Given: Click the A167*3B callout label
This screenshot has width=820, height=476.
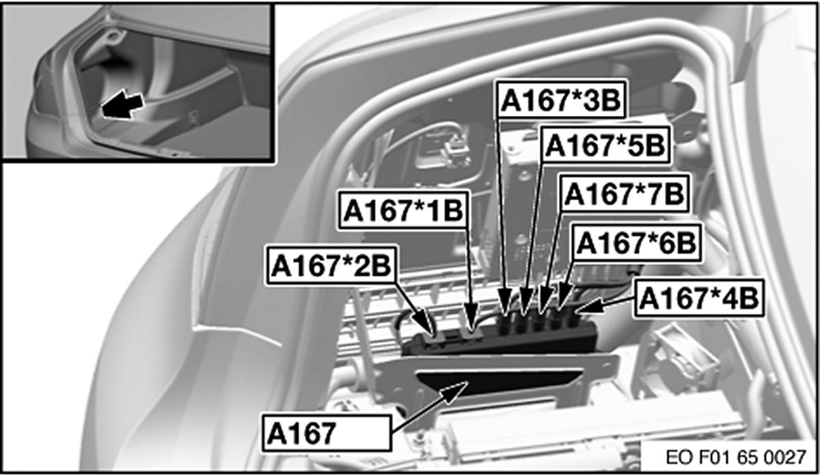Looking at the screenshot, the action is [561, 100].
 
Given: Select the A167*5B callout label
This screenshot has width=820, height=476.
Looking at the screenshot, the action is [605, 145].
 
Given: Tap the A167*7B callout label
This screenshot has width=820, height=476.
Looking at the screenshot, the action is [625, 193].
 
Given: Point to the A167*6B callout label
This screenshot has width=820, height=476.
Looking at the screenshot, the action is [636, 243].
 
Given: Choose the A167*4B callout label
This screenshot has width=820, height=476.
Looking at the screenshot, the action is [699, 298].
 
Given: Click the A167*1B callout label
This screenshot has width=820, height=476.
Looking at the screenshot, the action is [403, 210].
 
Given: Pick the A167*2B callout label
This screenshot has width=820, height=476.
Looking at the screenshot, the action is [331, 266].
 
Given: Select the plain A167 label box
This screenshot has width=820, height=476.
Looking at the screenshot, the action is [327, 433].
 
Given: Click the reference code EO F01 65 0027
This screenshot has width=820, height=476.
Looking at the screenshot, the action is [736, 458].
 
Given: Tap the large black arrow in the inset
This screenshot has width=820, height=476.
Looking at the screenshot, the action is [122, 105].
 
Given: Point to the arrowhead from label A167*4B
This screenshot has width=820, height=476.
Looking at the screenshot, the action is [588, 306].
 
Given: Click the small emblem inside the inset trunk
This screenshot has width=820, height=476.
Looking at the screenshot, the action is [193, 117].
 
